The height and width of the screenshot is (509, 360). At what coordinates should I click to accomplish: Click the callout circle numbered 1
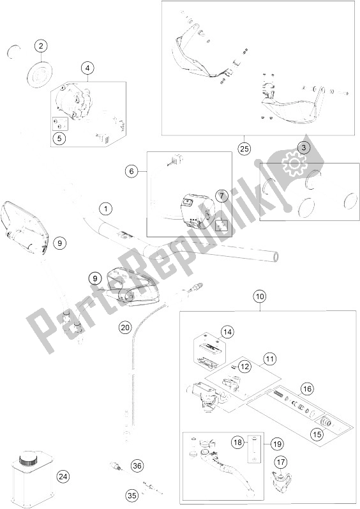point(105,209)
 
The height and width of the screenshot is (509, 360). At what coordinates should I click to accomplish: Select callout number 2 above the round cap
point(41,46)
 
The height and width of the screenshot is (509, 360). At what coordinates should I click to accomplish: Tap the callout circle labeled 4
point(87,68)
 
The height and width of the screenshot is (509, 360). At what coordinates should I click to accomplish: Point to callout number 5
point(59,139)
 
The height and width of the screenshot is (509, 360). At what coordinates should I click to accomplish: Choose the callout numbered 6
point(131,171)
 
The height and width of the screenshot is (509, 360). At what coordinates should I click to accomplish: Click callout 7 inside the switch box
point(222,196)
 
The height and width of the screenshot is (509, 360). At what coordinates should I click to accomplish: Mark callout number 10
point(260,296)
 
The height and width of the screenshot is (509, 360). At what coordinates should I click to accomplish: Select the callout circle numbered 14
point(227,331)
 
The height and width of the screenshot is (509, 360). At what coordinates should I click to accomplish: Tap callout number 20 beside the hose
point(125,327)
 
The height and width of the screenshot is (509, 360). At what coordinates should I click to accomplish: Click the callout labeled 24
point(63,476)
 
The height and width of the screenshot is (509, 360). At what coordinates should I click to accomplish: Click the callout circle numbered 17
point(281,462)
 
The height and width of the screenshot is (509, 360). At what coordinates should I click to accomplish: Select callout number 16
point(307,388)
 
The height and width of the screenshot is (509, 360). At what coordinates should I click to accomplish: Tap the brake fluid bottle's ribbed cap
point(27,460)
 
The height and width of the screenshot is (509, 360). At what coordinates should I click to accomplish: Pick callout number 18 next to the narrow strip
point(237,442)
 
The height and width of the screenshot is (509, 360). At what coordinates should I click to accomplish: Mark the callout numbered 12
point(244,367)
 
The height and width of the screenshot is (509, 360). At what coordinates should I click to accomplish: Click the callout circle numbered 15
point(318,434)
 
